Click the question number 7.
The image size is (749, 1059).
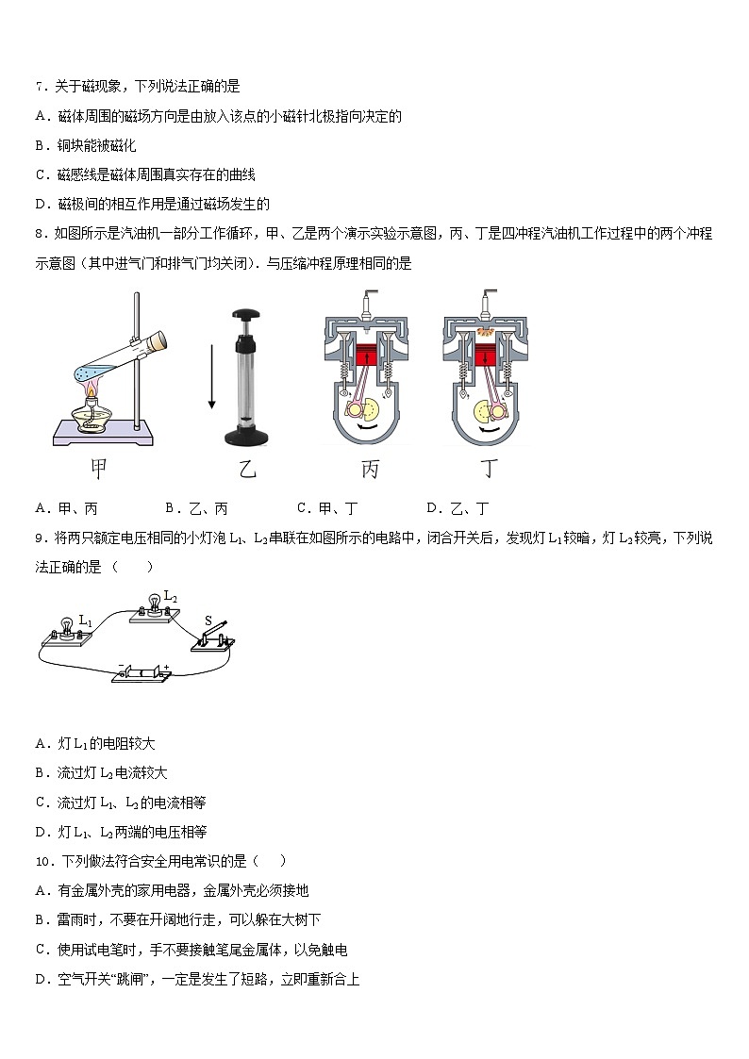[x=39, y=87]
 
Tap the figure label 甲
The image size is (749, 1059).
[x=97, y=468]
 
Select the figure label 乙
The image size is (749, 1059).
[x=247, y=469]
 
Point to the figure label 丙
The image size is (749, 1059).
[x=369, y=469]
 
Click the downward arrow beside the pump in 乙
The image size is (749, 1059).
[x=211, y=376]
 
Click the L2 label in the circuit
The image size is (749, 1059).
[x=170, y=597]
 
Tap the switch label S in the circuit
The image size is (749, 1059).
[x=208, y=621]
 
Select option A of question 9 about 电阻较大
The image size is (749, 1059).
[x=94, y=743]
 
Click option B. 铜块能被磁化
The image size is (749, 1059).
[x=85, y=145]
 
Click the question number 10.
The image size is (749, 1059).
[x=43, y=861]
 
